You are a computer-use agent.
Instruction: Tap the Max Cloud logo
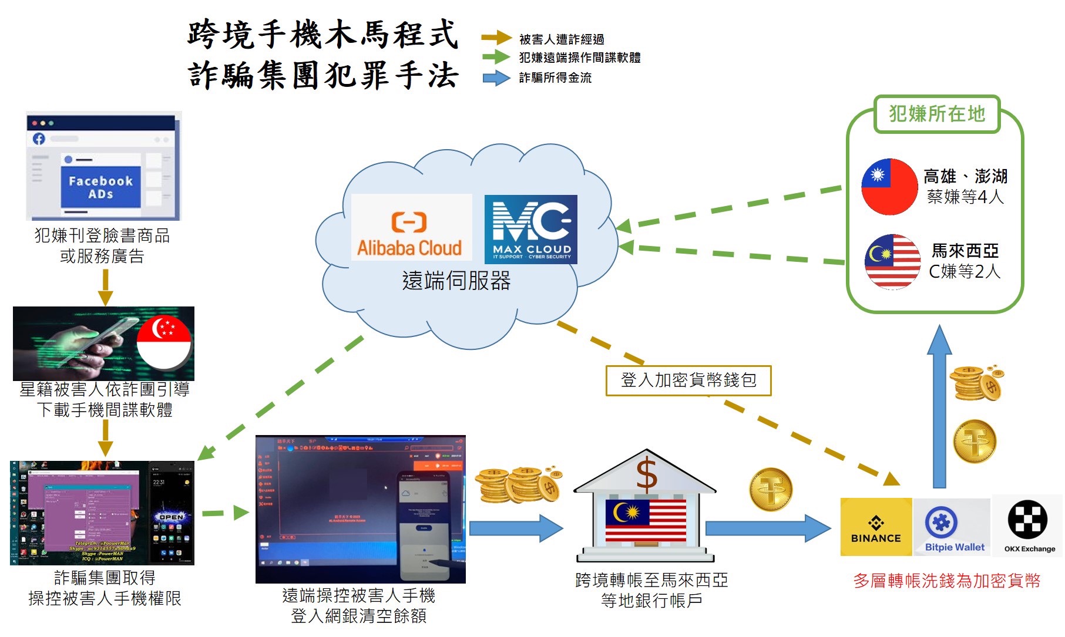(530, 229)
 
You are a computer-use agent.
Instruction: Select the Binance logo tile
(876, 527)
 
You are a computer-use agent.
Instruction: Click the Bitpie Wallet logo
(952, 527)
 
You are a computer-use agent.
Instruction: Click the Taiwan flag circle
(889, 187)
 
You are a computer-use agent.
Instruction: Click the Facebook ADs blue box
(100, 187)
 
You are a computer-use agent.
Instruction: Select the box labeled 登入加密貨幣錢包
(688, 380)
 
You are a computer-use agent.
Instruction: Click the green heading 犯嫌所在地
(936, 114)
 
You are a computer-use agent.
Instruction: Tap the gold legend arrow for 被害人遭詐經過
(496, 38)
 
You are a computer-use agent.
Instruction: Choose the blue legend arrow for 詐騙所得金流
(496, 77)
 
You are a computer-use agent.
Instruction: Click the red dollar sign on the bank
(646, 476)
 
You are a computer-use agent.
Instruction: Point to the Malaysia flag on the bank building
(646, 520)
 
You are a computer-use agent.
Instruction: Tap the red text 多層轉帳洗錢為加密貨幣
(946, 581)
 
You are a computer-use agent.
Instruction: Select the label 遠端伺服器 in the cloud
(456, 281)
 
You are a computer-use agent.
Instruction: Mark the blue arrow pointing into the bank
(516, 528)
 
